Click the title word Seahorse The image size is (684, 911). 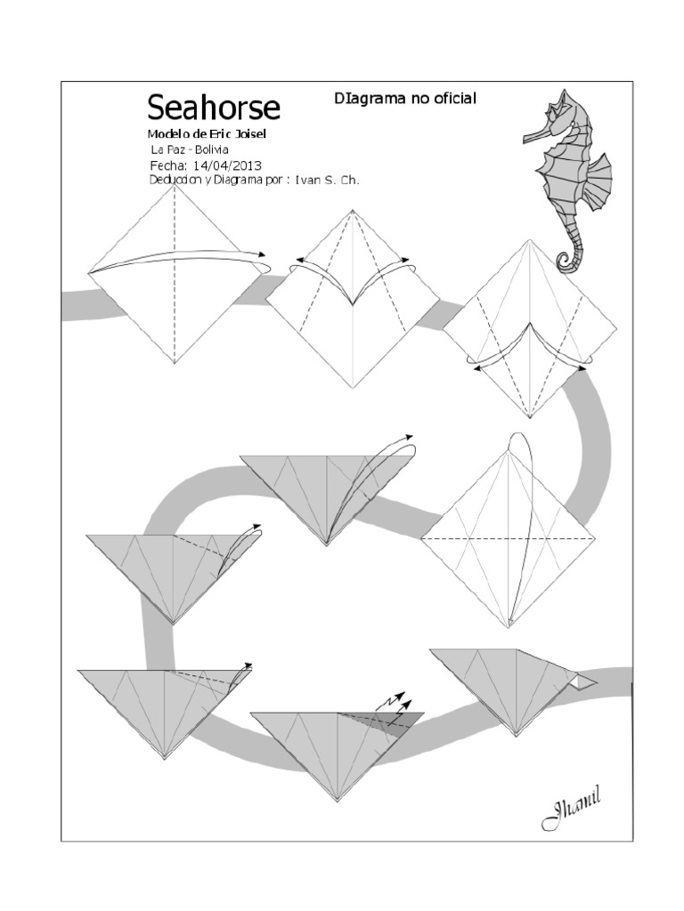click(x=213, y=108)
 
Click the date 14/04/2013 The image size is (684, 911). click(x=226, y=165)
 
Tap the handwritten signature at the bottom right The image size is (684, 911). click(x=571, y=810)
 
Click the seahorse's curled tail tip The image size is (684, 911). click(x=566, y=262)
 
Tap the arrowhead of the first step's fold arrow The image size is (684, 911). click(x=263, y=254)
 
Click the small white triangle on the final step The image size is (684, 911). click(x=583, y=681)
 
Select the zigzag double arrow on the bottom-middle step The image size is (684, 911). click(x=393, y=703)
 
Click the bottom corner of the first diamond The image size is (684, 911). click(x=175, y=364)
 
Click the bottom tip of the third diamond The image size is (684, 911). click(x=531, y=416)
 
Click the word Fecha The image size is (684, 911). click(x=167, y=165)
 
